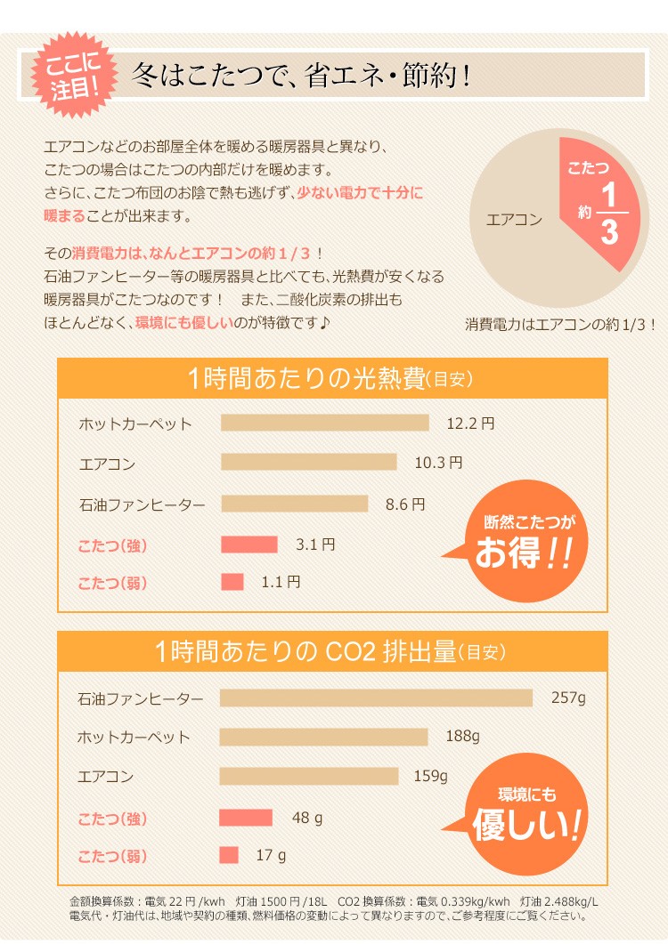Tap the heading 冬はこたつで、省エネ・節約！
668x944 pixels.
tap(300, 77)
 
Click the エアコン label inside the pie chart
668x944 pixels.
tap(514, 219)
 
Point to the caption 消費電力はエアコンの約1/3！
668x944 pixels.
tap(560, 325)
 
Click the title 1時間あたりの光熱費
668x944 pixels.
tap(331, 378)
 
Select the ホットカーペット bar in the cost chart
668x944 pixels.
tap(324, 423)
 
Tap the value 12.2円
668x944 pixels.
tap(469, 424)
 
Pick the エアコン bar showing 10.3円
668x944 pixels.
tap(308, 462)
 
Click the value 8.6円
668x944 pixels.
tap(405, 504)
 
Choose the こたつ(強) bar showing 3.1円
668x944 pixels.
tap(248, 544)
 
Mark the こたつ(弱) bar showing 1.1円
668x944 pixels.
tap(232, 582)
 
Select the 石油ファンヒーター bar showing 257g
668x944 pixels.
tap(375, 698)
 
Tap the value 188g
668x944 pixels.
tap(462, 737)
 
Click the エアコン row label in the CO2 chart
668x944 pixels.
tap(106, 776)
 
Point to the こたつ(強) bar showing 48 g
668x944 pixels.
tap(246, 817)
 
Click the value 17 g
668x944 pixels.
tap(271, 856)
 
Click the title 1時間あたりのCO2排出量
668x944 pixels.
tap(331, 651)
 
